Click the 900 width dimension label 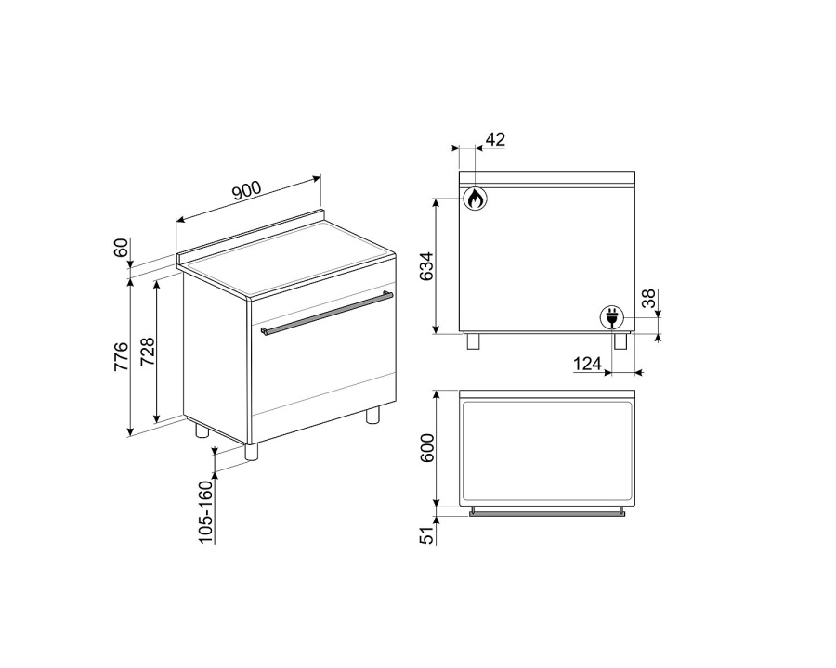click(x=247, y=191)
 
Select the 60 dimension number click(x=122, y=248)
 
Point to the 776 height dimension click(x=122, y=357)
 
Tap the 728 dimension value click(x=147, y=351)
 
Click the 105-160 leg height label click(x=206, y=509)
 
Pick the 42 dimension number click(x=495, y=139)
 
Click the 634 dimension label click(x=427, y=266)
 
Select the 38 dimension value click(x=648, y=299)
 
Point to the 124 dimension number click(x=588, y=365)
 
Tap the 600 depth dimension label click(x=427, y=448)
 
